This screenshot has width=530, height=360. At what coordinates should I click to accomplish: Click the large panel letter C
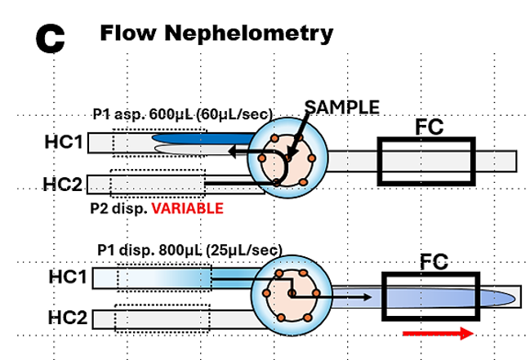[x=51, y=38]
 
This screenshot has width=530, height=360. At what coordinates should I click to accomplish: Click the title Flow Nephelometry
[x=216, y=33]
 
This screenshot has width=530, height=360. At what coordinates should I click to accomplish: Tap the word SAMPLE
[x=341, y=107]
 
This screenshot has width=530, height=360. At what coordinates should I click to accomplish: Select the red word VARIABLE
[x=191, y=208]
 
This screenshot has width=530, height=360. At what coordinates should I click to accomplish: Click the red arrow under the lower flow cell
[x=438, y=333]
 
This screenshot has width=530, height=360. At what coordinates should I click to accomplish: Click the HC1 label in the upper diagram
[x=62, y=144]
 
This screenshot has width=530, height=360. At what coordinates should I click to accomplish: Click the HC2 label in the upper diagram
[x=62, y=184]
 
